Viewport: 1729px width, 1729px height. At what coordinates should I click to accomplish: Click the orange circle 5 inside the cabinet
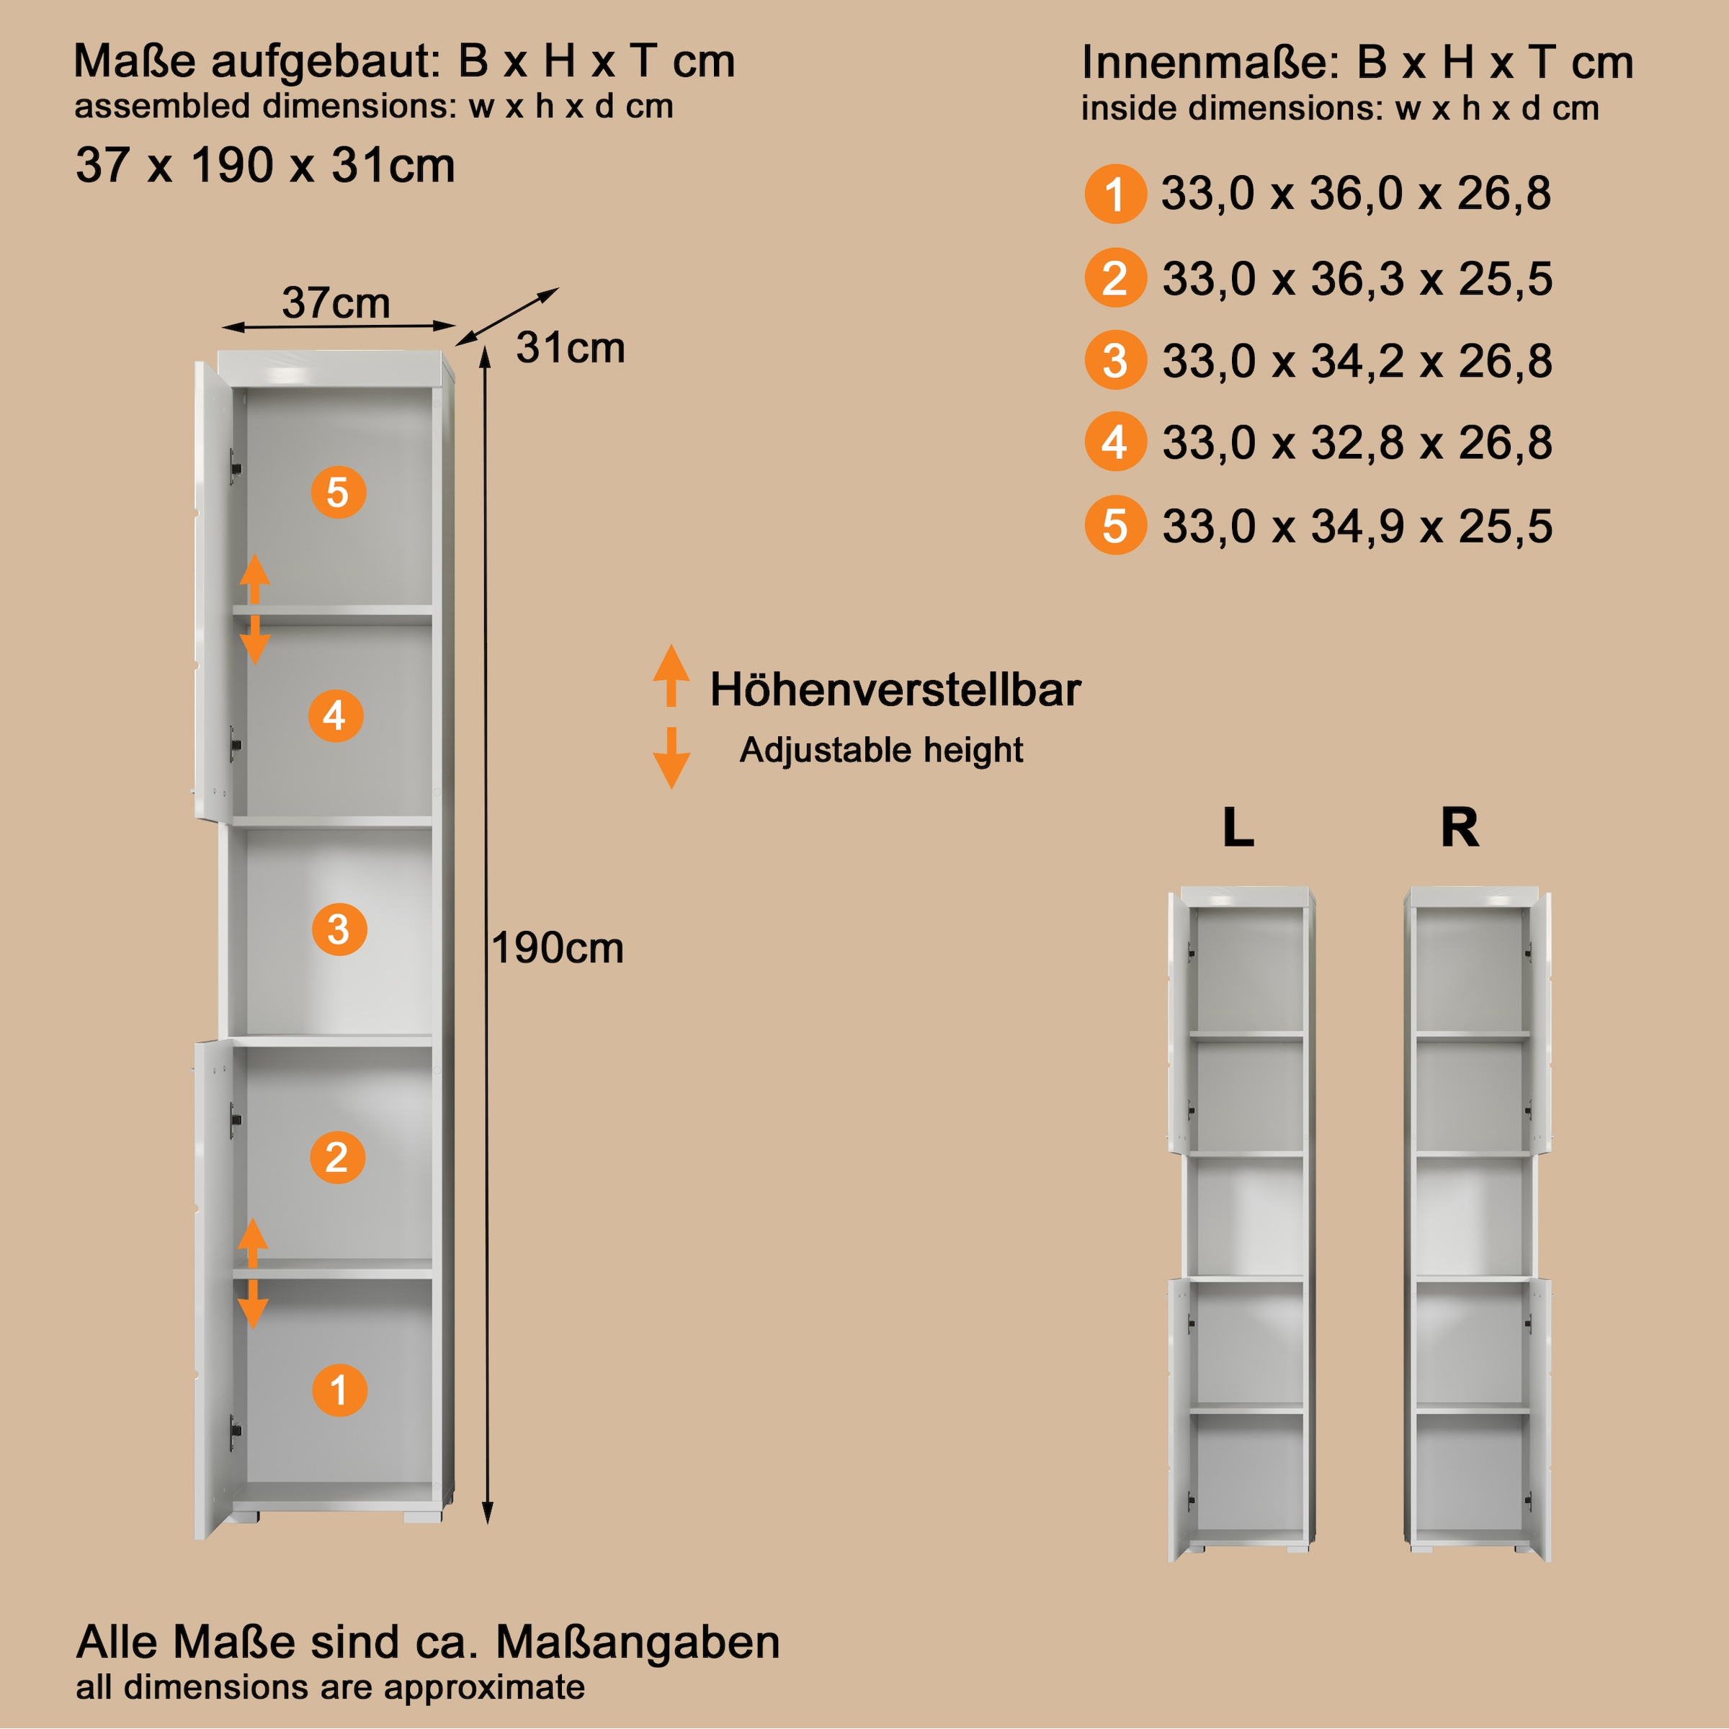click(339, 492)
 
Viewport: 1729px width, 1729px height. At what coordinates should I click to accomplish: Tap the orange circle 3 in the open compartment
click(339, 929)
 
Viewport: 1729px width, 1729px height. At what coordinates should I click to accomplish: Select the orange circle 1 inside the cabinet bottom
click(339, 1390)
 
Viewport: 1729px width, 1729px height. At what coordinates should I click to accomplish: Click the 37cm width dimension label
click(336, 303)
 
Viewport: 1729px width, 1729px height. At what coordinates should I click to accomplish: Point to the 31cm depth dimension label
click(570, 348)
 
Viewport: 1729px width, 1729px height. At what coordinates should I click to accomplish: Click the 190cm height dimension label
click(558, 948)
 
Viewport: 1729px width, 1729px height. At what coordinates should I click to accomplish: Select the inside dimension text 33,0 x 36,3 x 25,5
click(1357, 278)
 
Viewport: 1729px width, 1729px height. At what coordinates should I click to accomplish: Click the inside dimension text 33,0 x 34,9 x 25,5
click(1357, 526)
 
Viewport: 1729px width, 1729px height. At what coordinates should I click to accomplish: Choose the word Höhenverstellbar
click(895, 690)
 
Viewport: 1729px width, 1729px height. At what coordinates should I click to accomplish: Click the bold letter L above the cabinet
click(1238, 827)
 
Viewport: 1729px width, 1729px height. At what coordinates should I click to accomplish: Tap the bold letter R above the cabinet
click(1460, 827)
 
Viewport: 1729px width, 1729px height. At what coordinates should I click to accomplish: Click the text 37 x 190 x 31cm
click(266, 166)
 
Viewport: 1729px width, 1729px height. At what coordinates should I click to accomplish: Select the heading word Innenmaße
click(1208, 63)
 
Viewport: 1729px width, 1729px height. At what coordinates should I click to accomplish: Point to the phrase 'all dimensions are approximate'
click(330, 1687)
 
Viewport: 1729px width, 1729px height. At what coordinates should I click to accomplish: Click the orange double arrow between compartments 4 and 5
click(255, 609)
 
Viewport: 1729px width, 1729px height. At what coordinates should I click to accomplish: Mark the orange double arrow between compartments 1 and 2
click(252, 1272)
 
